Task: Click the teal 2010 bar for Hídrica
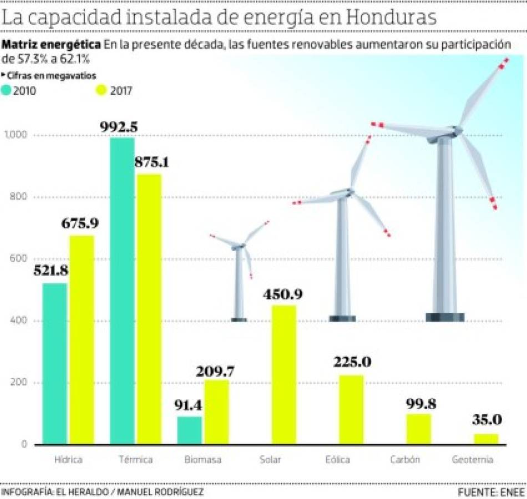pos(54,364)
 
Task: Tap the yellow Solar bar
pos(283,375)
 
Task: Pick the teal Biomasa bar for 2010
pos(189,430)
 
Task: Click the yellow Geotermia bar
pos(486,439)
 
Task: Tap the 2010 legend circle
pos(8,90)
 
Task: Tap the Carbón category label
pos(406,460)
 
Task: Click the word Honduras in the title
pos(392,18)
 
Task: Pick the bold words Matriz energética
pos(52,44)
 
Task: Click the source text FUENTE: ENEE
pos(489,492)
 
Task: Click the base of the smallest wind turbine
pos(239,320)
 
